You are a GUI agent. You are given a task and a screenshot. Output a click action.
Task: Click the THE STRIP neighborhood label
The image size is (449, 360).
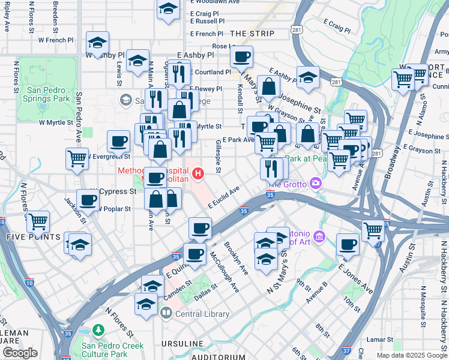pyautogui.click(x=252, y=34)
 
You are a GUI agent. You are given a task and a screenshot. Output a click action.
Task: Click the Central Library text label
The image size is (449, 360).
pyautogui.click(x=202, y=314)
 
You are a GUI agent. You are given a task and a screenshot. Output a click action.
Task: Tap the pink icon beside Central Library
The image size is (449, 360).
pyautogui.click(x=167, y=313)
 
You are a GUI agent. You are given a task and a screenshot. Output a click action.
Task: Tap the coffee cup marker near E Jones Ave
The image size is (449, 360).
pyautogui.click(x=347, y=244)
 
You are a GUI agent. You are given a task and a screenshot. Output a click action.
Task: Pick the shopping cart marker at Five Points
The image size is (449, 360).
pyautogui.click(x=38, y=220)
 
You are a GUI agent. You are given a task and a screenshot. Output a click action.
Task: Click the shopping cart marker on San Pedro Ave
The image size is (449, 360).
pyautogui.click(x=77, y=158)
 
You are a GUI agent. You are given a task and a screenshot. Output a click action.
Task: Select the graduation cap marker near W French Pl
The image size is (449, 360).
pyautogui.click(x=97, y=42)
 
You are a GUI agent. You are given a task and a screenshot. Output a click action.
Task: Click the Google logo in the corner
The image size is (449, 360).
pyautogui.click(x=20, y=353)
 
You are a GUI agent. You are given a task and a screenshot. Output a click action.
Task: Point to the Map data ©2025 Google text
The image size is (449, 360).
pyautogui.click(x=411, y=355)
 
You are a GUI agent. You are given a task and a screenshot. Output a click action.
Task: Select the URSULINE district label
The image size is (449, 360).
pyautogui.click(x=184, y=344)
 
